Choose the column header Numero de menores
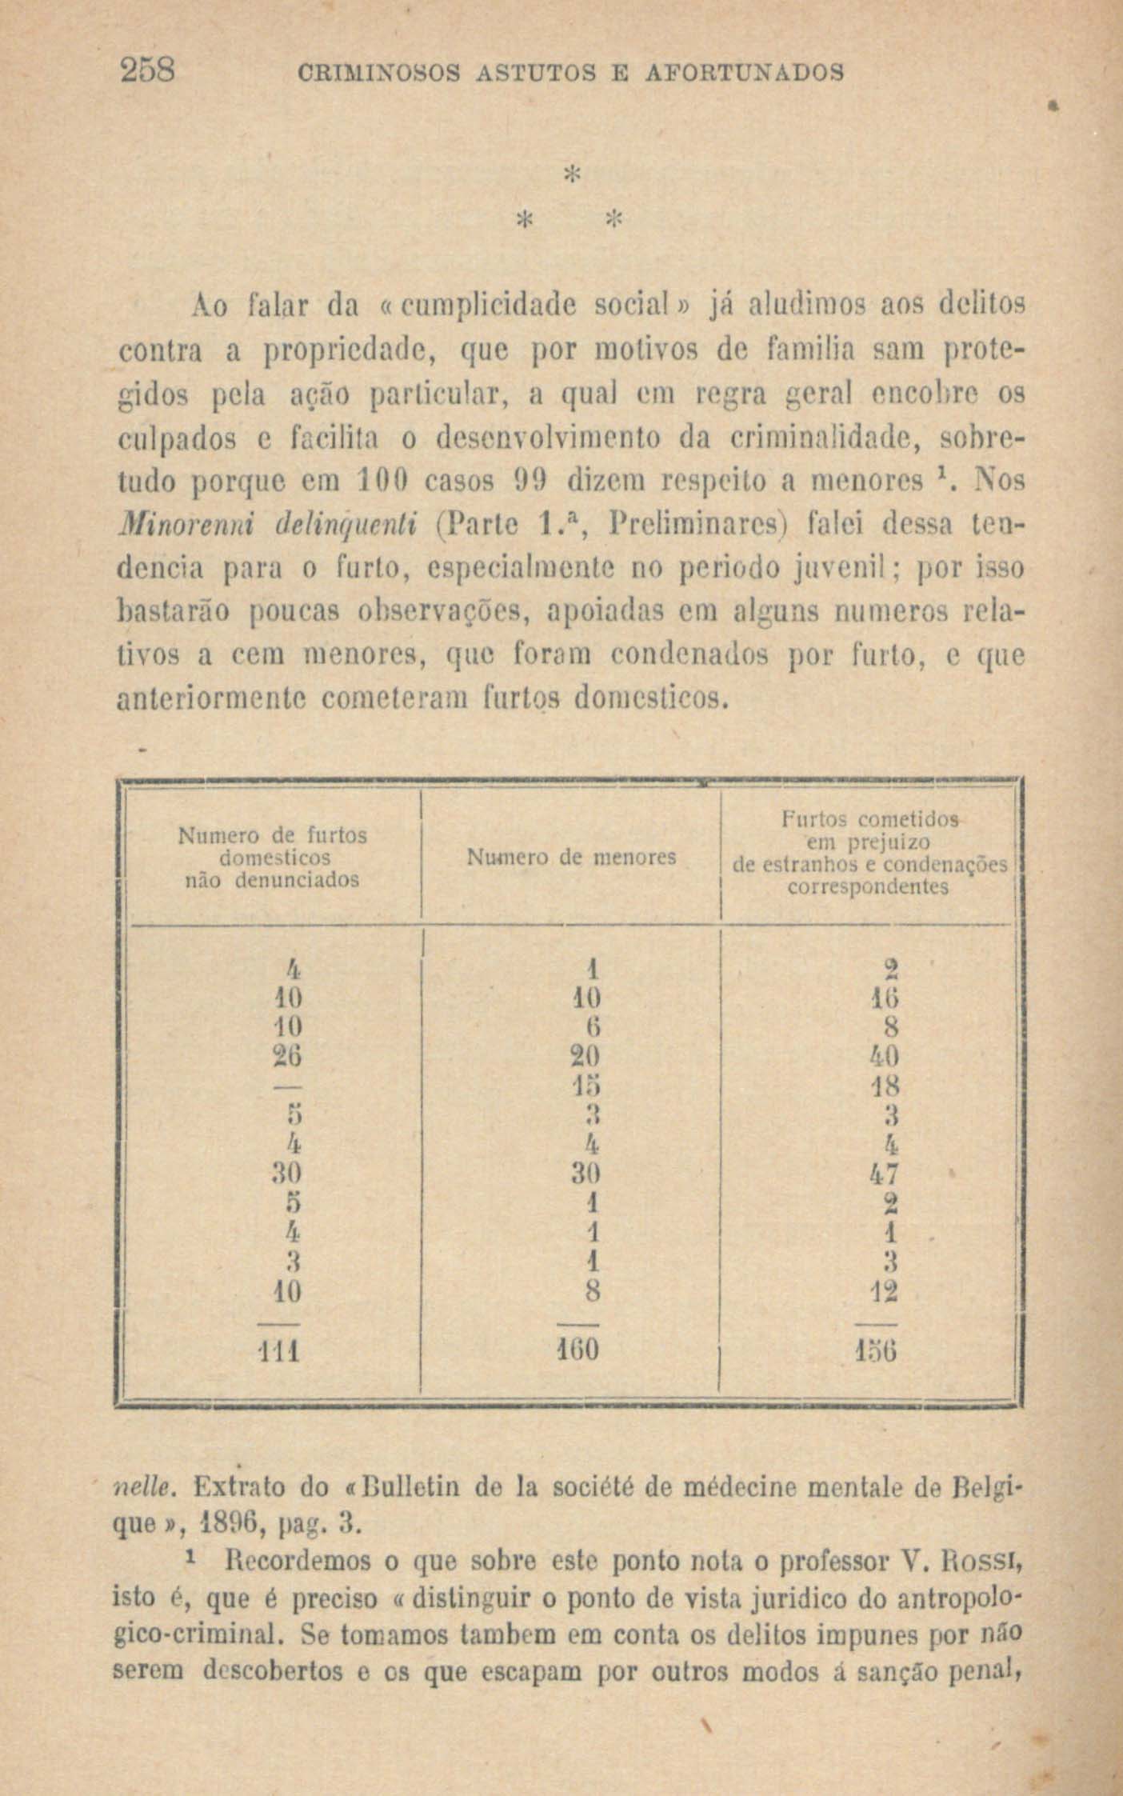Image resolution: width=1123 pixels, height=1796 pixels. (x=571, y=858)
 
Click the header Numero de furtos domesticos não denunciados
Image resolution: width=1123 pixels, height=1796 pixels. (x=272, y=858)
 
